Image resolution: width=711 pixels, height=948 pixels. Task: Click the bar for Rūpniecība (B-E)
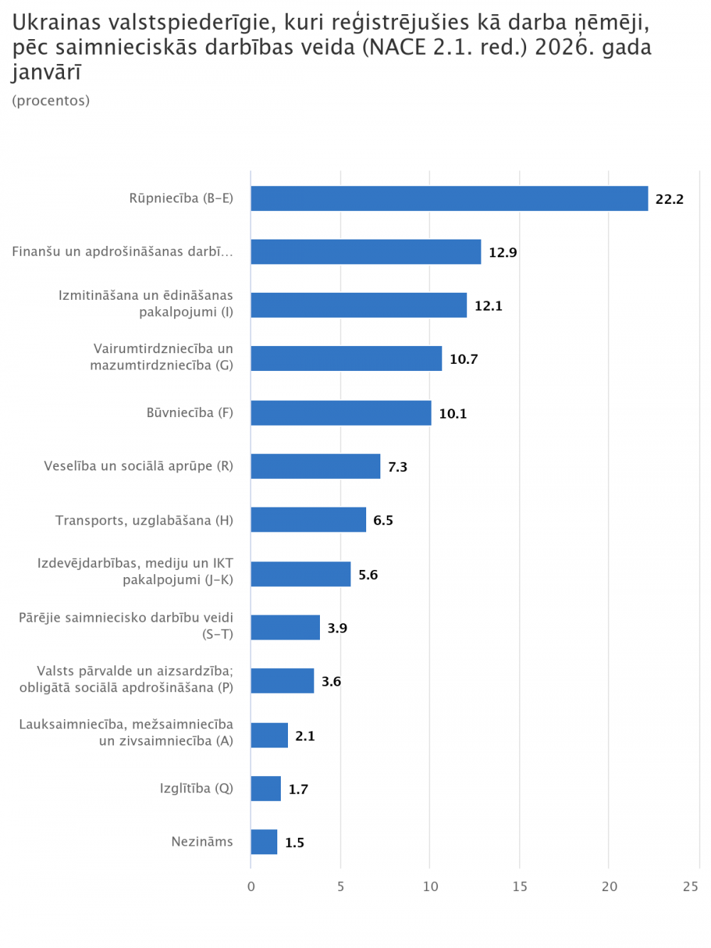click(x=449, y=198)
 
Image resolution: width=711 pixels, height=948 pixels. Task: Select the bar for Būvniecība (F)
click(x=341, y=413)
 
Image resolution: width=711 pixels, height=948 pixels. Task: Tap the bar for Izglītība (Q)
click(x=266, y=788)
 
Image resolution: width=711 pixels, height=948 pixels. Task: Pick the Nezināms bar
click(x=264, y=842)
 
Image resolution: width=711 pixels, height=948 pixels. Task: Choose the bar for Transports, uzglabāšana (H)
click(x=308, y=519)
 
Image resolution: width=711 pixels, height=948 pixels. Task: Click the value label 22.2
click(x=669, y=199)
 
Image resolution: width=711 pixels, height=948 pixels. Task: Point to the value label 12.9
click(x=503, y=252)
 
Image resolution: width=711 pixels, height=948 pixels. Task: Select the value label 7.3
click(x=397, y=467)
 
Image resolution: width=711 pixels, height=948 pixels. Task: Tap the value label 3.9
click(x=337, y=628)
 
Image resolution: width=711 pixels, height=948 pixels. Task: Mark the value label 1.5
click(x=294, y=843)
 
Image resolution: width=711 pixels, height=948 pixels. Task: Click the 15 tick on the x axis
click(x=520, y=886)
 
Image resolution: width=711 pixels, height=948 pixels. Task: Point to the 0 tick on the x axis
click(x=251, y=886)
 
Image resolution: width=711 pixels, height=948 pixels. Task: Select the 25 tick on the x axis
click(x=690, y=886)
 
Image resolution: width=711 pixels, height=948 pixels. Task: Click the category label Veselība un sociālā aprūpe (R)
click(x=139, y=466)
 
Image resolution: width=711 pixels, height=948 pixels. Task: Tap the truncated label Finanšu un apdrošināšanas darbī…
click(x=122, y=252)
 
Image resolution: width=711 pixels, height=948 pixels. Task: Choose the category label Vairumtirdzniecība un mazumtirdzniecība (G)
click(x=162, y=357)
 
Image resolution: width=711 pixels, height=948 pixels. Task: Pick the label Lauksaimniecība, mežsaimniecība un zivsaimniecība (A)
click(x=127, y=733)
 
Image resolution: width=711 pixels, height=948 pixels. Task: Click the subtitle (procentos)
click(x=51, y=101)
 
